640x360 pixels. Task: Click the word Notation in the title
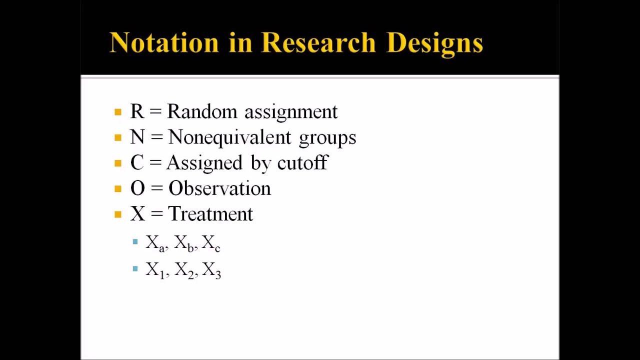(x=164, y=42)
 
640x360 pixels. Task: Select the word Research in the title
(x=318, y=42)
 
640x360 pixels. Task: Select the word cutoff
(x=302, y=163)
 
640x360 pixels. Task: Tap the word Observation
(x=219, y=188)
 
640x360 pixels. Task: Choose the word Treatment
(x=210, y=214)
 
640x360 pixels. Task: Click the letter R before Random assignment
(x=137, y=111)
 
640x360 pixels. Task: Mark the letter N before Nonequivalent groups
(x=137, y=137)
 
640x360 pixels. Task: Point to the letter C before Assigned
(x=137, y=163)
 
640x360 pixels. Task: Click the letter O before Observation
(x=137, y=188)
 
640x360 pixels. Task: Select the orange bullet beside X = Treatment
(x=118, y=214)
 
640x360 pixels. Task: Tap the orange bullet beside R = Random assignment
(x=118, y=112)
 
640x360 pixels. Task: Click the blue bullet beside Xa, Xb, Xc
(x=135, y=242)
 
